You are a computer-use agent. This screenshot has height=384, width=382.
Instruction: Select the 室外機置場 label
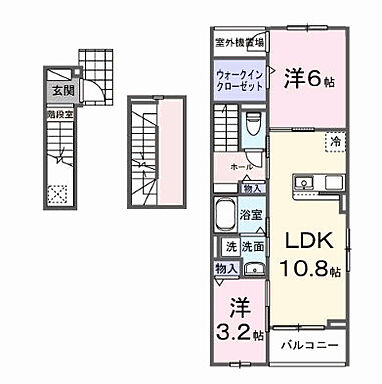point(240,42)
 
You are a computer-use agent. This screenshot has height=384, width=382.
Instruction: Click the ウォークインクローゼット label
point(239,80)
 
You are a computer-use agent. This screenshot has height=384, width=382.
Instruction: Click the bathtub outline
point(224,216)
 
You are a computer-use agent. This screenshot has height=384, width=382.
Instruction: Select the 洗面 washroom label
point(251,246)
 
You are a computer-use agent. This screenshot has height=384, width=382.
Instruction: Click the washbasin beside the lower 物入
point(253,267)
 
